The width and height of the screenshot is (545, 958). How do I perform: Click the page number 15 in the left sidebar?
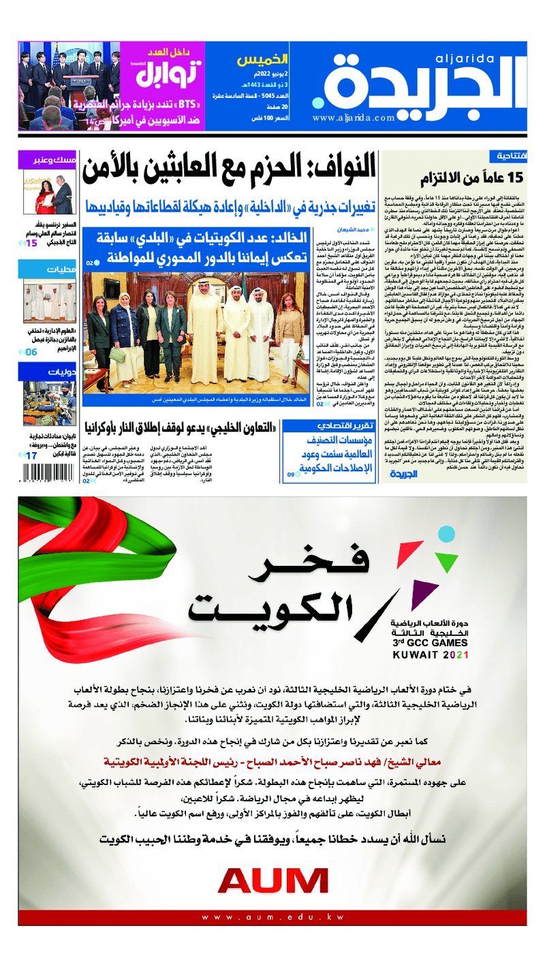click(x=31, y=242)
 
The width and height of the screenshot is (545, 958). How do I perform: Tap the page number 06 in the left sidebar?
click(x=31, y=352)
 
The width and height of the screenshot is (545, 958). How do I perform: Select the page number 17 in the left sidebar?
click(x=31, y=456)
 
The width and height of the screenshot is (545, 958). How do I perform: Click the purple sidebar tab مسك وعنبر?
click(x=54, y=161)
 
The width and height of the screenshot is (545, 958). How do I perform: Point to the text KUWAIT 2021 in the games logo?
click(x=431, y=655)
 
